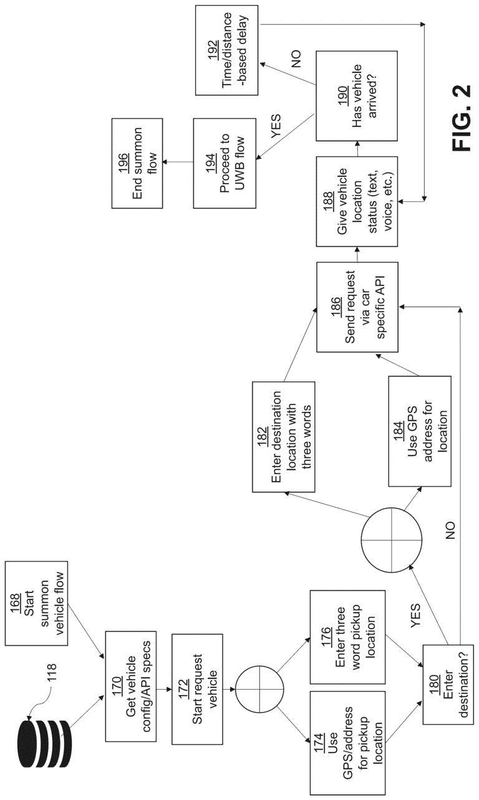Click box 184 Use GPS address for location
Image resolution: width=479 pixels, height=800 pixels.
point(419,432)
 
